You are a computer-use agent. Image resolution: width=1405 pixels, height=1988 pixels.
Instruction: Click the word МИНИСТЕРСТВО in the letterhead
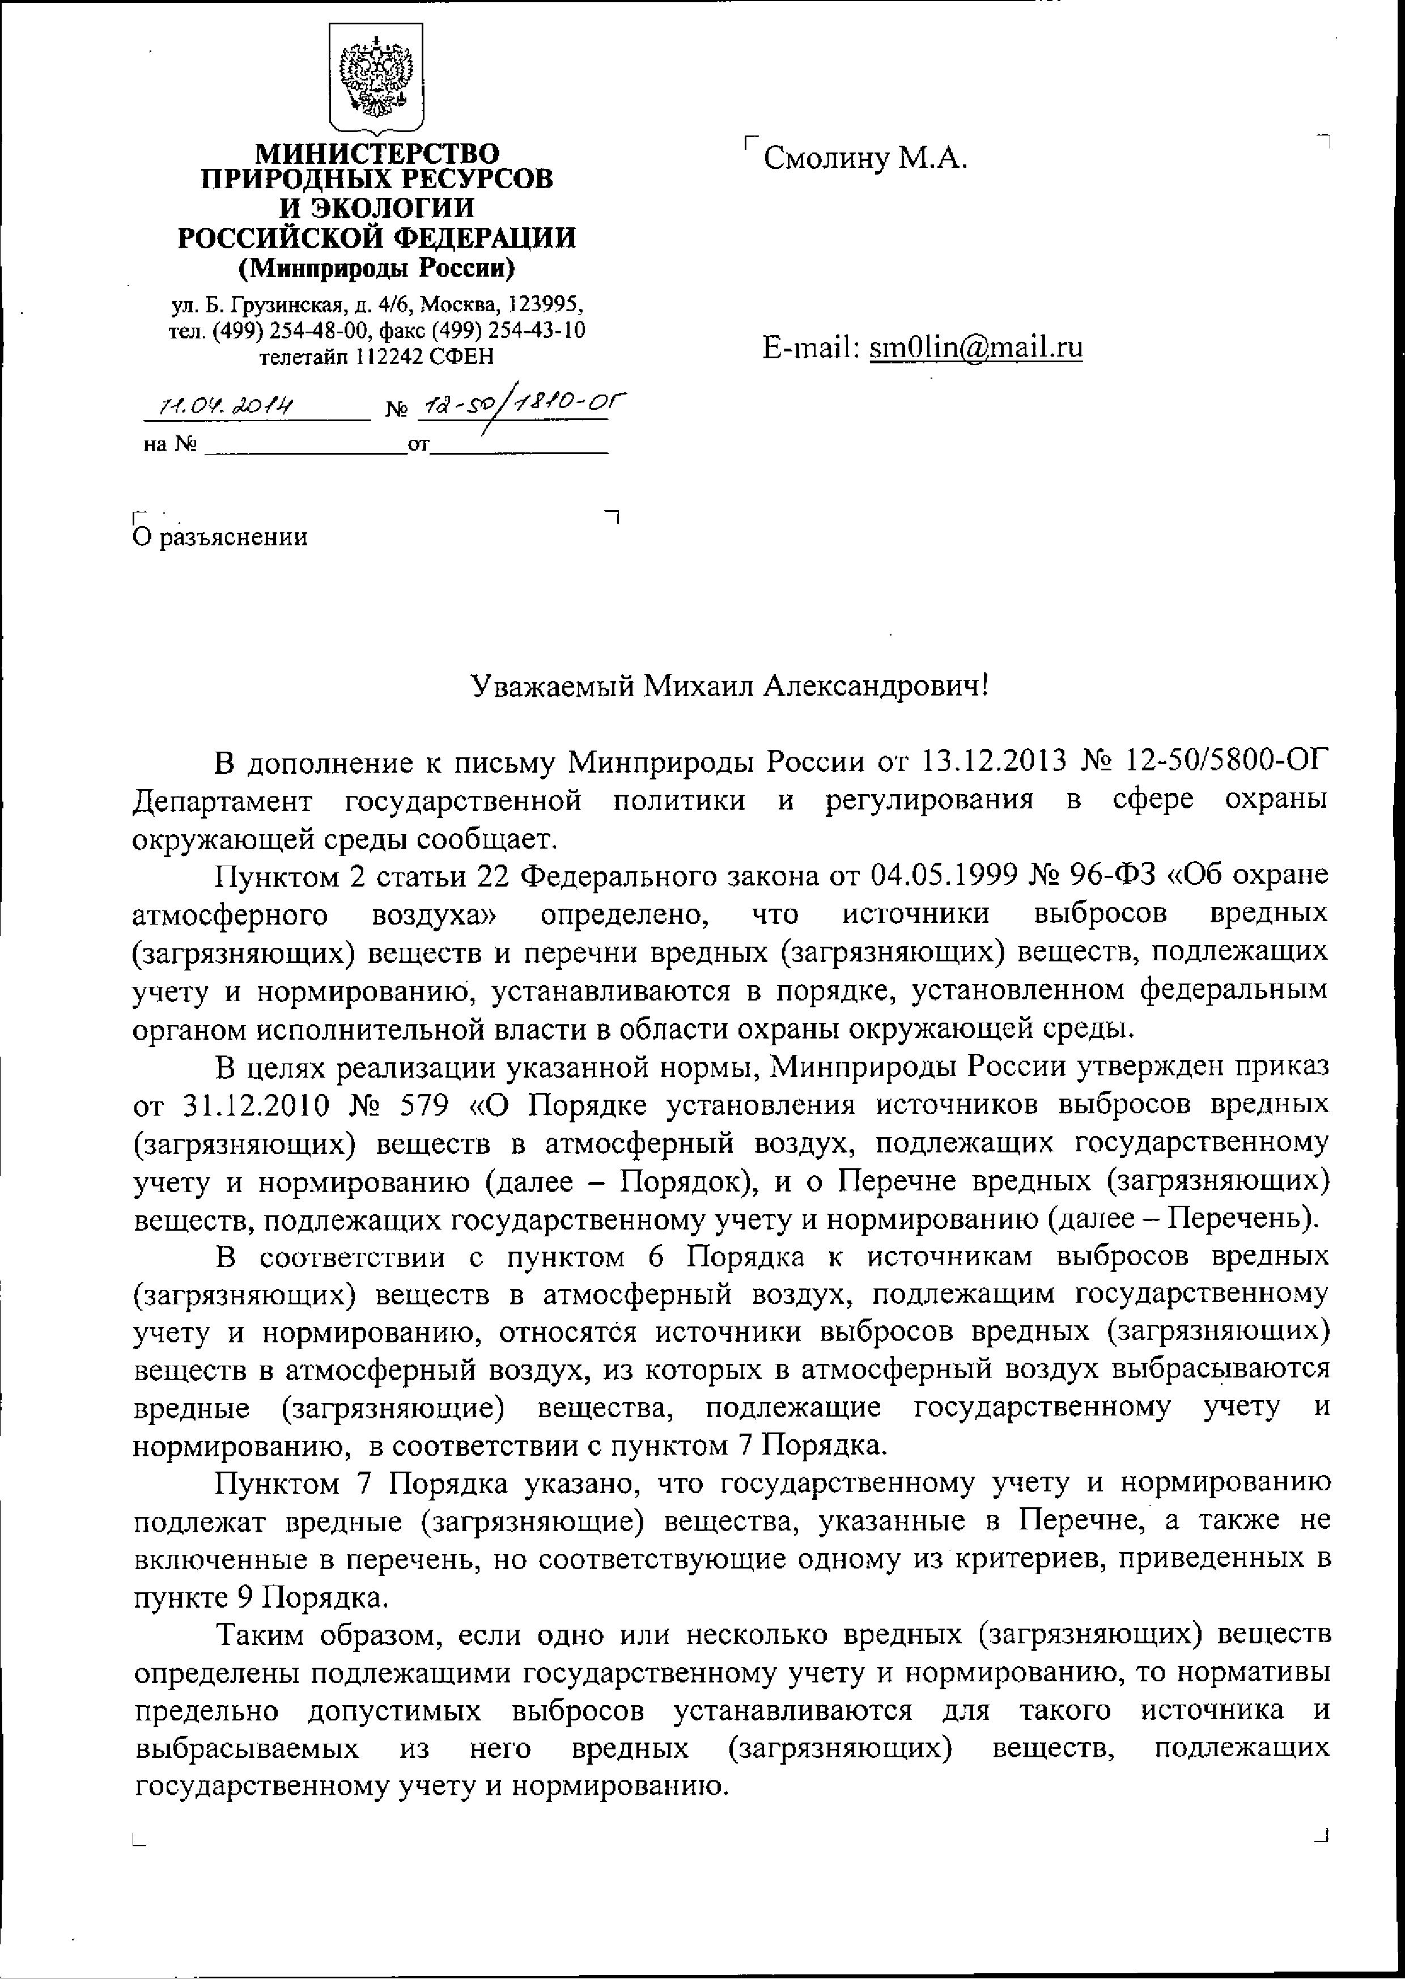pyautogui.click(x=377, y=154)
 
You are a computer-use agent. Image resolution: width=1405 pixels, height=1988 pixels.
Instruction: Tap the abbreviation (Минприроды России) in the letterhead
pyautogui.click(x=376, y=269)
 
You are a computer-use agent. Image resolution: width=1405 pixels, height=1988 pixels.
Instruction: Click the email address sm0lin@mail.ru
pyautogui.click(x=975, y=347)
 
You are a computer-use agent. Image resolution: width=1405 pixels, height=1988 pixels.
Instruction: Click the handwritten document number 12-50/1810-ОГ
pyautogui.click(x=522, y=404)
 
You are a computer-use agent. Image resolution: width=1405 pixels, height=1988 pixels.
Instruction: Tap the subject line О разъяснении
pyautogui.click(x=220, y=537)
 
